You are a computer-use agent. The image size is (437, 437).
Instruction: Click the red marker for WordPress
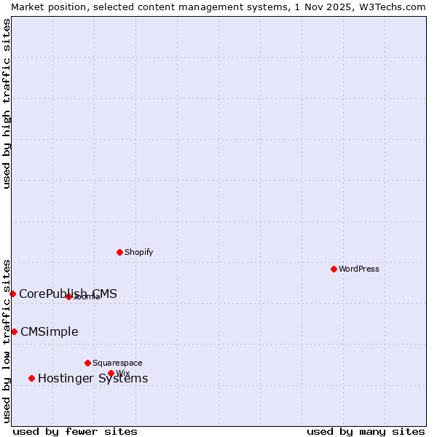[x=334, y=269]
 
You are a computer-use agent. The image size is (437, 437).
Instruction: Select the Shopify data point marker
[x=119, y=252]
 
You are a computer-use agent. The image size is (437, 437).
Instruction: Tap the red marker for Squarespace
[x=87, y=363]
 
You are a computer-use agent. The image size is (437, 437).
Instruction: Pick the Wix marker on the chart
[x=111, y=373]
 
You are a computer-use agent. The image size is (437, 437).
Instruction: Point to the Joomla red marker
[x=68, y=296]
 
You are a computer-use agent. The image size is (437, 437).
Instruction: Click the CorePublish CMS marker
[x=12, y=294]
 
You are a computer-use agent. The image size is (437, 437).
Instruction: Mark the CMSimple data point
[x=14, y=331]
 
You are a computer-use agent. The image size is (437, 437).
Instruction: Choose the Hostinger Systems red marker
[x=31, y=378]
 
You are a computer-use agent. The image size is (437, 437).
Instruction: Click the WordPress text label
[x=359, y=269]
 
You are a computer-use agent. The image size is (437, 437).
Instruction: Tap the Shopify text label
[x=138, y=252]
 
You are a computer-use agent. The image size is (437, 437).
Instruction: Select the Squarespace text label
[x=117, y=363]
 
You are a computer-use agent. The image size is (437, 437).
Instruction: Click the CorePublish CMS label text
[x=68, y=294]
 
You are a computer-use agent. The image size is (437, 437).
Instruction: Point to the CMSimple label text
[x=49, y=331]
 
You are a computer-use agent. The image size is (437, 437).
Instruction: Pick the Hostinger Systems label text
[x=92, y=378]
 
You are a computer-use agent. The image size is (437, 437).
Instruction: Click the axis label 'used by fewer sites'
[x=75, y=431]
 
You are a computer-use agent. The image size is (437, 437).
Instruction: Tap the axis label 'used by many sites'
[x=366, y=431]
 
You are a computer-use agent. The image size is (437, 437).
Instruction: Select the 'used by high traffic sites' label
[x=7, y=103]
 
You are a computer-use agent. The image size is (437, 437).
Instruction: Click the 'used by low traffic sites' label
[x=7, y=340]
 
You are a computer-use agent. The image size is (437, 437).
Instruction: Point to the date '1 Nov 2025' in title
[x=318, y=7]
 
